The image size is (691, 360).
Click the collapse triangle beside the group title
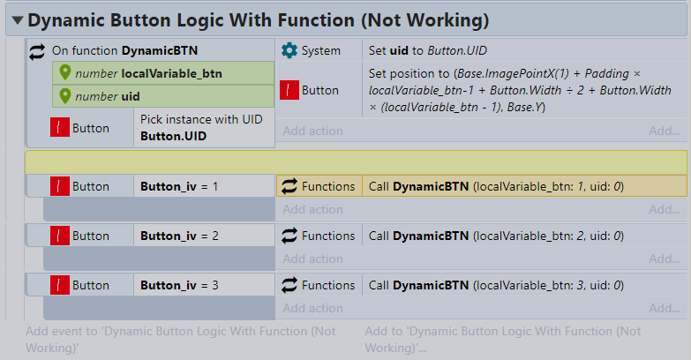tap(18, 20)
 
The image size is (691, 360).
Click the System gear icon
tap(289, 50)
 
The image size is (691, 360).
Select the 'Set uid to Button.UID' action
tap(427, 50)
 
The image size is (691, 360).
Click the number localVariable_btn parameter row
tap(163, 73)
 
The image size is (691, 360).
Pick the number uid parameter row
tap(163, 96)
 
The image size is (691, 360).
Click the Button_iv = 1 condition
tap(179, 186)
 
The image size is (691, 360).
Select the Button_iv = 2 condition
tap(179, 236)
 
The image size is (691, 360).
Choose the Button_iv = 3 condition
tap(179, 285)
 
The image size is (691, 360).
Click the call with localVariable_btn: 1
tap(496, 186)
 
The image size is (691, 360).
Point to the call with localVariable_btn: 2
tap(496, 236)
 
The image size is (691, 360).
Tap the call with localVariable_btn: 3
tap(496, 285)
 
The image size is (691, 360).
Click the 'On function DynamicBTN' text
tap(124, 50)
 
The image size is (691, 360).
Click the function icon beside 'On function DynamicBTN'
tap(37, 51)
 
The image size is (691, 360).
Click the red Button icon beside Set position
tap(289, 90)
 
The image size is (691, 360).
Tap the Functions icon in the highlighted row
tap(289, 186)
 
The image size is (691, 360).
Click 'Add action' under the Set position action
tap(313, 131)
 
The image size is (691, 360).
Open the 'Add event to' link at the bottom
tap(181, 340)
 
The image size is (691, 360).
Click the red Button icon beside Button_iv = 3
tap(59, 285)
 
